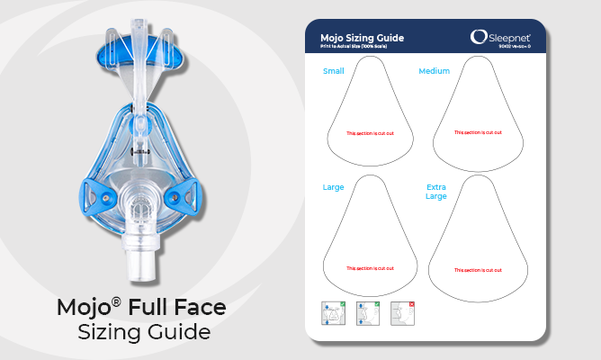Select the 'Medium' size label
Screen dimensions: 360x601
(x=434, y=69)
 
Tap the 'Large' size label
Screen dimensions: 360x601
(x=333, y=187)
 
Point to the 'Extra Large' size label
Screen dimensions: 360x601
(x=435, y=192)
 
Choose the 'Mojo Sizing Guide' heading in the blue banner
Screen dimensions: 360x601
(x=362, y=37)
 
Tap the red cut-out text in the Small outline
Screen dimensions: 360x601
(x=369, y=132)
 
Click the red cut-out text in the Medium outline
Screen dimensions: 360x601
(x=477, y=132)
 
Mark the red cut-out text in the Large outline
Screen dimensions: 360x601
(x=369, y=268)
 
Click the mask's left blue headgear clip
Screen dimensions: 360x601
(x=94, y=193)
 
